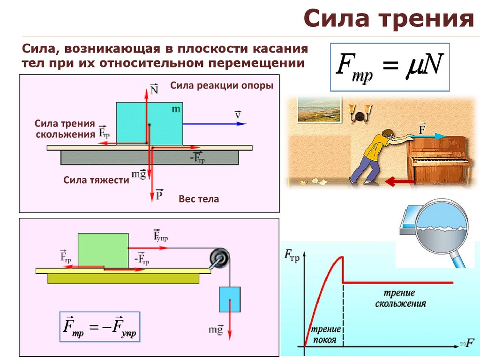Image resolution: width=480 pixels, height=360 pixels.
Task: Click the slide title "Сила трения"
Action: tap(388, 19)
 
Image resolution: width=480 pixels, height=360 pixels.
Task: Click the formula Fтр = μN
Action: tap(390, 67)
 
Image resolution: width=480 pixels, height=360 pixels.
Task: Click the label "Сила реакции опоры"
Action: tap(221, 86)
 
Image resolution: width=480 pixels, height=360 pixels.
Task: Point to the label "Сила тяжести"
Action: tap(96, 180)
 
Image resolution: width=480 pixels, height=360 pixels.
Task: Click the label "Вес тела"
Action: tap(199, 199)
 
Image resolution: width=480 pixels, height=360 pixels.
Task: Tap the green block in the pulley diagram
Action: tap(103, 250)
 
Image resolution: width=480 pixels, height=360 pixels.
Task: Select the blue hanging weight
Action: tap(229, 299)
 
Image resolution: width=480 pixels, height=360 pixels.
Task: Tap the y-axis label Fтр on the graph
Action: tap(292, 255)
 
